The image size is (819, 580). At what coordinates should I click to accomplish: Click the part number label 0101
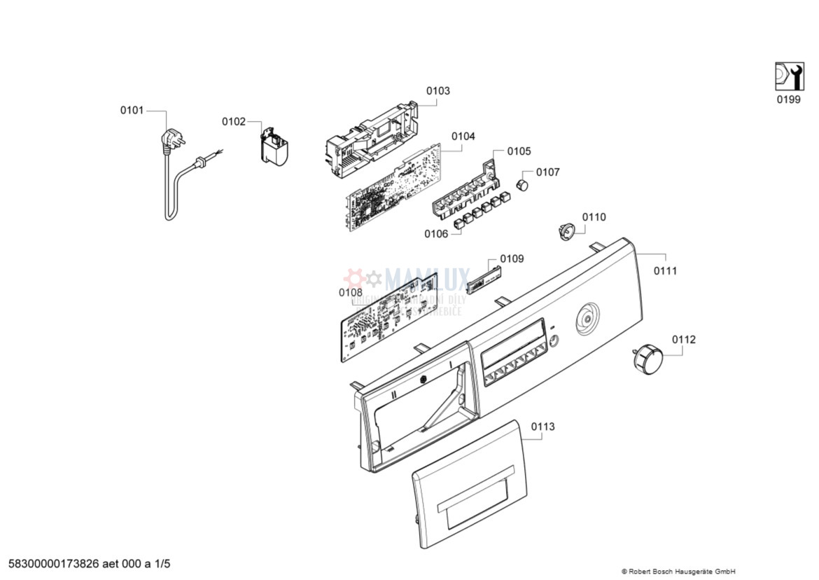pyautogui.click(x=132, y=110)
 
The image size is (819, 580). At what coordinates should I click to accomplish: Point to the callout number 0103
pyautogui.click(x=438, y=90)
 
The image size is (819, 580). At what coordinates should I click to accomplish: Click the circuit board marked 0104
pyautogui.click(x=395, y=185)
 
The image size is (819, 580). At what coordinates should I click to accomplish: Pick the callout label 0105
pyautogui.click(x=519, y=151)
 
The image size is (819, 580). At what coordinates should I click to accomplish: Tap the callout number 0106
pyautogui.click(x=435, y=234)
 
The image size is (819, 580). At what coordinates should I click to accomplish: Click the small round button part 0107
pyautogui.click(x=521, y=184)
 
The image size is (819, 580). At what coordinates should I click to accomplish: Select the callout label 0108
pyautogui.click(x=351, y=292)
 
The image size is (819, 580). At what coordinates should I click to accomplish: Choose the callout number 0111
pyautogui.click(x=665, y=270)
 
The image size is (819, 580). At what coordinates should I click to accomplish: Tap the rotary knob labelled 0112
pyautogui.click(x=646, y=358)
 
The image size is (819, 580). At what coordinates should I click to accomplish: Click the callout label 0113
pyautogui.click(x=542, y=426)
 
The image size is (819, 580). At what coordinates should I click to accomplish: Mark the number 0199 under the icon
pyautogui.click(x=788, y=99)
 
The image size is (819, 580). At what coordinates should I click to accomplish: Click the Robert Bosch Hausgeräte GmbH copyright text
pyautogui.click(x=678, y=571)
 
